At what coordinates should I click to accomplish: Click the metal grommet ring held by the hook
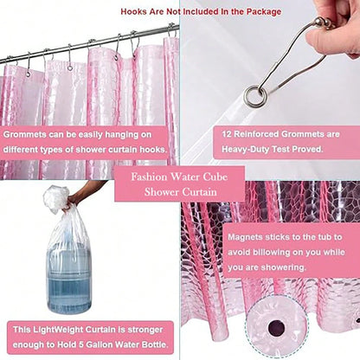point(254,97)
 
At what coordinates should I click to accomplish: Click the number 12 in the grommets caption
point(227,134)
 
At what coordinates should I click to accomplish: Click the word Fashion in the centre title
point(149,177)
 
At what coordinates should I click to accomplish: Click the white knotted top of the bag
point(56,199)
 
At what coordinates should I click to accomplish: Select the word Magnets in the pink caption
point(245,237)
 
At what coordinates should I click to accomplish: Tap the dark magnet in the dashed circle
point(276,328)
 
